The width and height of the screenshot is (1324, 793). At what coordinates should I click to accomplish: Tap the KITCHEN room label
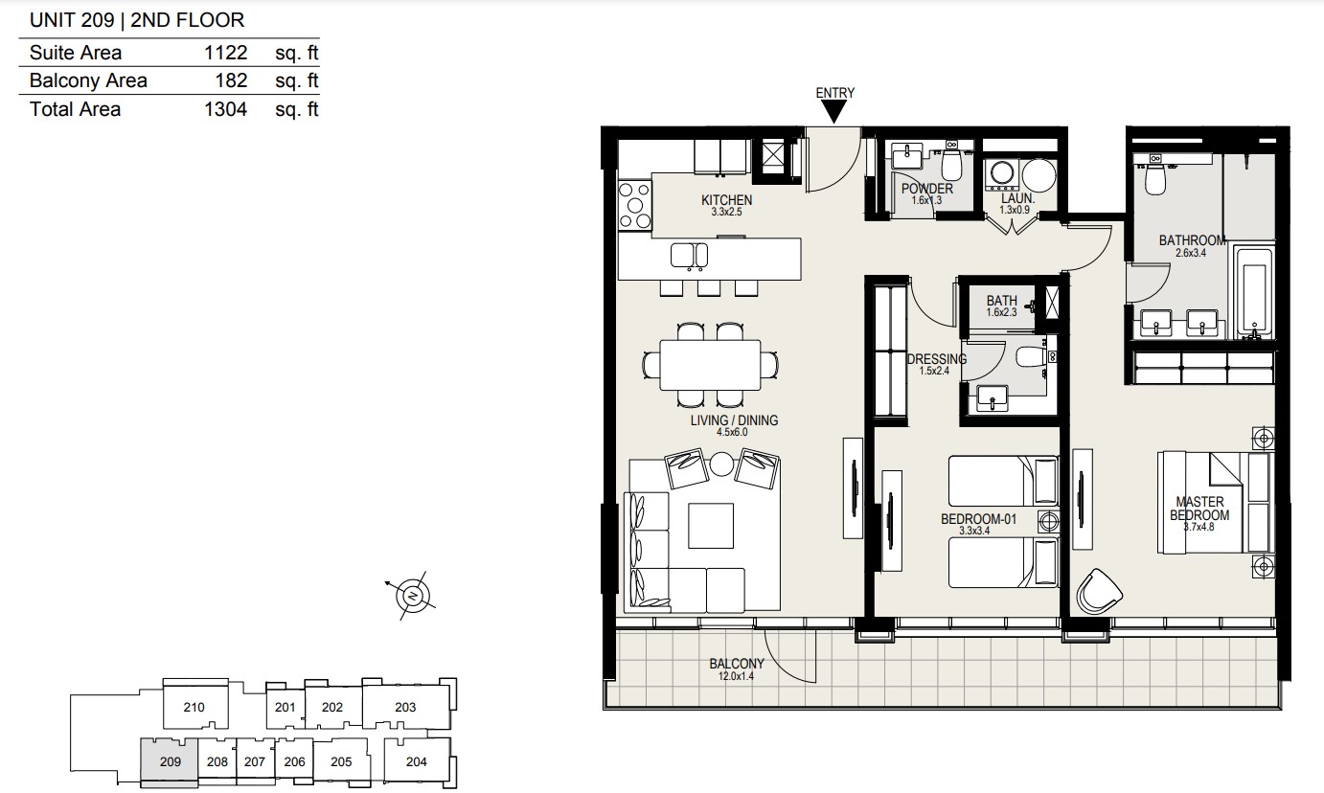tap(726, 200)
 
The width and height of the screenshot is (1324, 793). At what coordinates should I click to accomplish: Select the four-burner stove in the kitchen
tap(635, 206)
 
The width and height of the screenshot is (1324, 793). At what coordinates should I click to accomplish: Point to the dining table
tap(710, 365)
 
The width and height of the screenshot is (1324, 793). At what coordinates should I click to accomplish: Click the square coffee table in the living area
tap(711, 526)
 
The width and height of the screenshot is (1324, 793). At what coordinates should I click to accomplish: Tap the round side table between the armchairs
tap(721, 464)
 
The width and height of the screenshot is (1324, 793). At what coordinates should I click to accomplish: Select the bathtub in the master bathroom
tap(1253, 293)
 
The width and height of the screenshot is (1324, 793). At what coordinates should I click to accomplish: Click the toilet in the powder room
tap(951, 165)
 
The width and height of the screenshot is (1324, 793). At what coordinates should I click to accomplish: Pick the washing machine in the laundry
tap(1002, 174)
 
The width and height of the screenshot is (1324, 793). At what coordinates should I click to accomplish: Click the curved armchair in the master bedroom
tap(1099, 592)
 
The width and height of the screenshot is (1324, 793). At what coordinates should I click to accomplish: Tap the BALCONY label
tap(737, 664)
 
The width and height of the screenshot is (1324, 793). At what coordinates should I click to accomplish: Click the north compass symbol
tap(412, 595)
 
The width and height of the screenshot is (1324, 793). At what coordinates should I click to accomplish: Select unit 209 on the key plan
tap(170, 761)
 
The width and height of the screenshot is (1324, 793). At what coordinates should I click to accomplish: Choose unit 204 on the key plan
tap(416, 761)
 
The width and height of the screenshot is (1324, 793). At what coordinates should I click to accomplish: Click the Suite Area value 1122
tap(225, 53)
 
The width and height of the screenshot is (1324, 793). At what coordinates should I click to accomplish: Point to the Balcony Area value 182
tap(231, 80)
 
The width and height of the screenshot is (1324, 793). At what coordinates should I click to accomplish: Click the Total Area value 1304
tap(225, 109)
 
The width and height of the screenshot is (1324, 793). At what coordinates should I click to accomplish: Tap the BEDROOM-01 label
tap(978, 519)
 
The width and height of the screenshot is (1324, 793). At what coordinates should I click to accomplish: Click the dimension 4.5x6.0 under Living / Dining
tap(732, 432)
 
